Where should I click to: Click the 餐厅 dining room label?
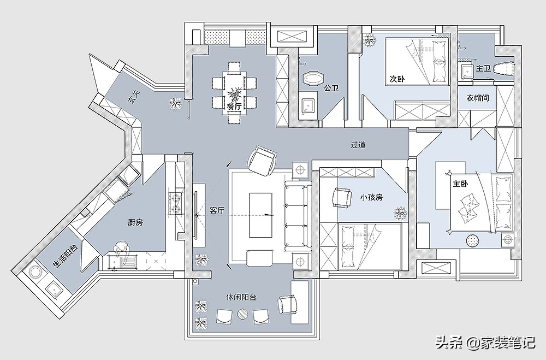(234, 107)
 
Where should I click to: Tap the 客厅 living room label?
(217, 210)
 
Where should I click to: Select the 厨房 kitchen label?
(135, 222)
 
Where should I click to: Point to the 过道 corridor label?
(358, 144)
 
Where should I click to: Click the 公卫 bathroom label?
(331, 88)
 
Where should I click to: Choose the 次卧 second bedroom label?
(397, 79)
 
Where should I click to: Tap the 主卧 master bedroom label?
(460, 184)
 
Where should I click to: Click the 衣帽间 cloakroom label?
(477, 98)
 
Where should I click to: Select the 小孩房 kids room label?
(371, 197)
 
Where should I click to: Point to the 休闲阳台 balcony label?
(241, 297)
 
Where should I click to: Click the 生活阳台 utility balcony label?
(66, 257)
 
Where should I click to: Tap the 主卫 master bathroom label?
(483, 68)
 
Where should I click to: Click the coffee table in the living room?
(261, 215)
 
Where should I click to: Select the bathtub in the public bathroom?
(313, 79)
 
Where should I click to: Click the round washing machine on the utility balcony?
(34, 272)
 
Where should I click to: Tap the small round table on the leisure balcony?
(242, 314)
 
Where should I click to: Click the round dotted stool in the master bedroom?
(472, 240)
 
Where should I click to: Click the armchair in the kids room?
(342, 198)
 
